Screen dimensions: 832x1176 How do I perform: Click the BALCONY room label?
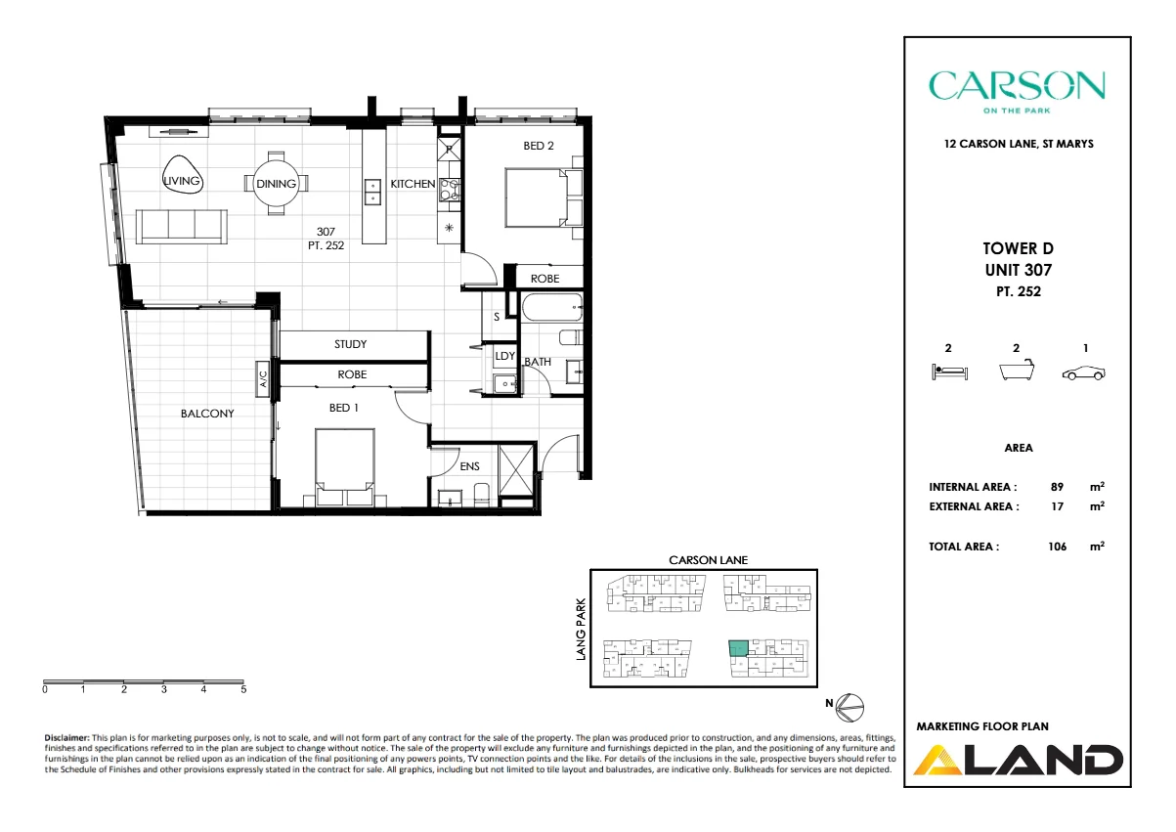click(x=207, y=414)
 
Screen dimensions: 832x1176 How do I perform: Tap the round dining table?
click(x=276, y=184)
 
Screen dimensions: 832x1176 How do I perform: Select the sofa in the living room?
click(x=182, y=226)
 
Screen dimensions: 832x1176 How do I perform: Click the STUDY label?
click(x=351, y=344)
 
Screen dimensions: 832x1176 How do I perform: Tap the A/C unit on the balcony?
click(x=263, y=378)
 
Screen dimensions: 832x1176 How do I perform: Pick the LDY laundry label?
click(x=504, y=357)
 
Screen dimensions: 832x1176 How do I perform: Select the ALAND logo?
click(x=1017, y=760)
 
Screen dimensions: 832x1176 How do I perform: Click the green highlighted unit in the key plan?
click(x=738, y=648)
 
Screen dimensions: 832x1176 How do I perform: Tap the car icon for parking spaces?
click(x=1084, y=372)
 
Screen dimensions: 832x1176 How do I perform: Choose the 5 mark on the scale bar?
click(x=243, y=689)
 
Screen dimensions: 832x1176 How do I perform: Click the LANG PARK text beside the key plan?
click(x=581, y=629)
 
